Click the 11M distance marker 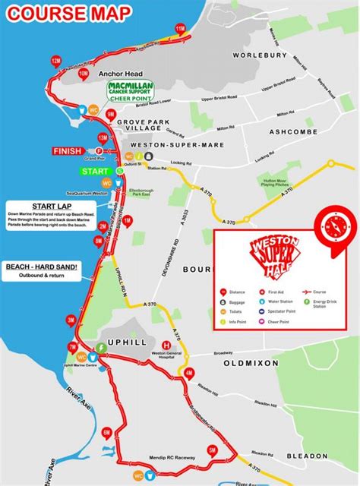180,29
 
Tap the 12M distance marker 55,60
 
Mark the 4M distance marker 189,373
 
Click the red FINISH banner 71,151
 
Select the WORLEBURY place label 261,55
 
